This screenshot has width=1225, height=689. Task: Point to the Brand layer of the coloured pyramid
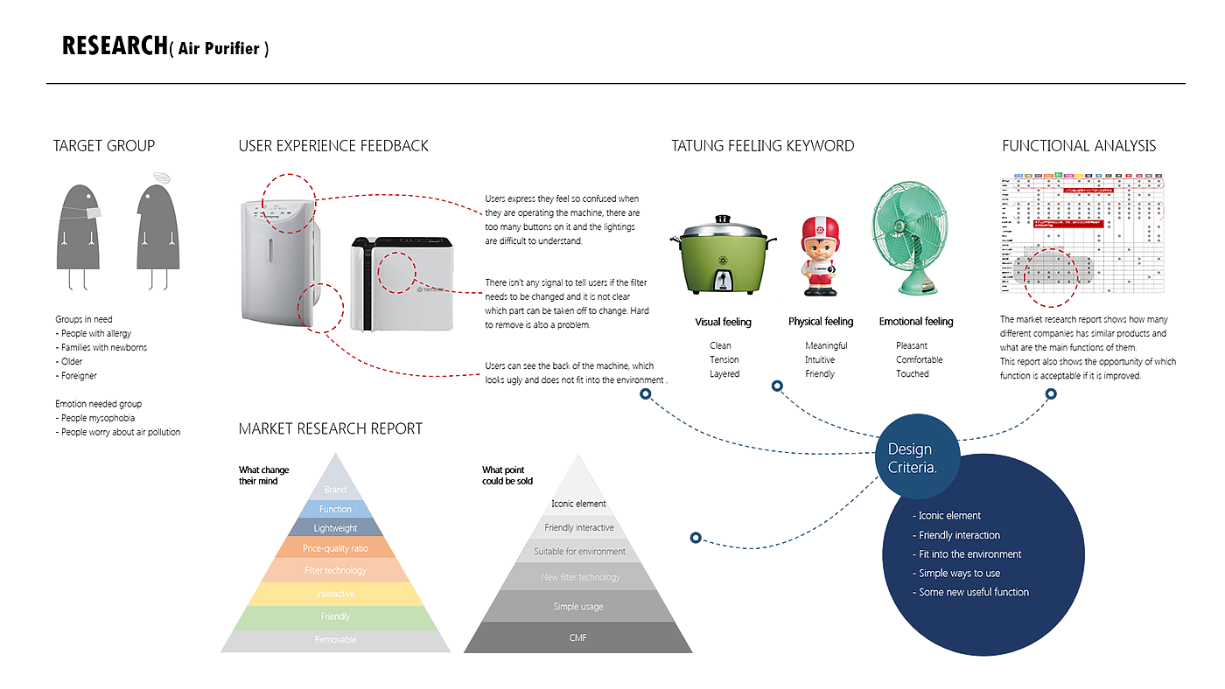335,489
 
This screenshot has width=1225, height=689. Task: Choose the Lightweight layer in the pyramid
335,528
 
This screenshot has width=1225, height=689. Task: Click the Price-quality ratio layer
335,548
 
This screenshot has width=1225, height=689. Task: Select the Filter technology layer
335,570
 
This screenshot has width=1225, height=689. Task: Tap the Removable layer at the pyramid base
335,640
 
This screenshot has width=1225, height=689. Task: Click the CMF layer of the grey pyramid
577,638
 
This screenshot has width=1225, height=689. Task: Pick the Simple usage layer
577,606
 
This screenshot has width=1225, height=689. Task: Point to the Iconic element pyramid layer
577,504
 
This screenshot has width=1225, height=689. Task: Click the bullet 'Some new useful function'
973,592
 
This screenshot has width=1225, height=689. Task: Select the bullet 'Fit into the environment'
969,553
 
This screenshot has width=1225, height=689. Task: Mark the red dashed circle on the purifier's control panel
289,203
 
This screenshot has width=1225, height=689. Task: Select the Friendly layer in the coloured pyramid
335,616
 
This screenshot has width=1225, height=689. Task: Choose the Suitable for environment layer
579,552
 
